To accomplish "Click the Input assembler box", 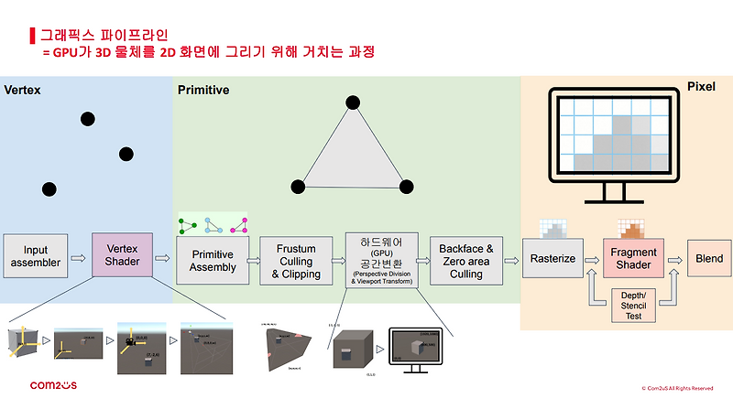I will (x=36, y=257).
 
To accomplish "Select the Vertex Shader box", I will (x=122, y=257).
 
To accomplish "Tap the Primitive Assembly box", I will (x=213, y=261).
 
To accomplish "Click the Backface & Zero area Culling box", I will (x=466, y=261).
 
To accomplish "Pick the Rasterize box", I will (x=553, y=259).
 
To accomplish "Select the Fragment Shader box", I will (x=633, y=259).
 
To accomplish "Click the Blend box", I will (x=709, y=259).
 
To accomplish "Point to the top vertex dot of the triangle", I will (x=351, y=102).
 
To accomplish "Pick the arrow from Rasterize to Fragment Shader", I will (x=591, y=259).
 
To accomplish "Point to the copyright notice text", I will (x=676, y=389).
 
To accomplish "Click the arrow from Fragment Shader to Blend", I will (x=676, y=259).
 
